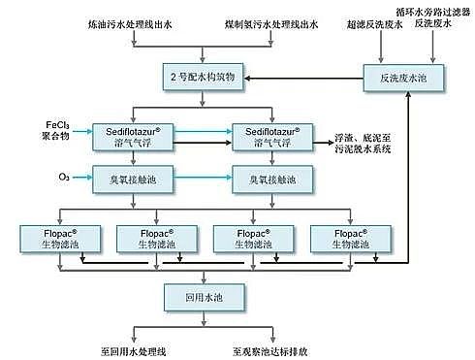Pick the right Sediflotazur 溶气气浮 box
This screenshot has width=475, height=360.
point(271,136)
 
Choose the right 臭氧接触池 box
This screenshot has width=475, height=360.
point(271,179)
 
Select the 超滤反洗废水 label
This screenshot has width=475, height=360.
point(371,20)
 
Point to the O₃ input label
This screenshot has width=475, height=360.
point(62,178)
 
